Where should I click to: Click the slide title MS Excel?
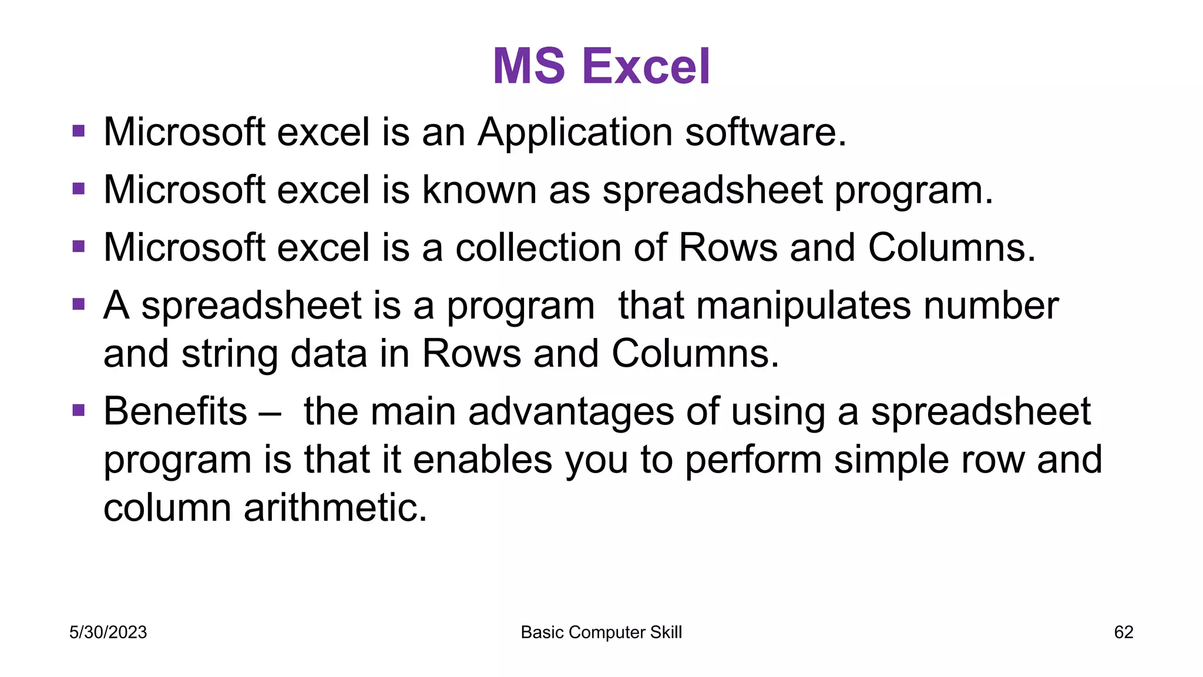pyautogui.click(x=601, y=66)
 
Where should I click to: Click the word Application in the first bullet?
pyautogui.click(x=575, y=132)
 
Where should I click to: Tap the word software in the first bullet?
pyautogui.click(x=765, y=132)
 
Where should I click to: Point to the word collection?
pyautogui.click(x=538, y=247)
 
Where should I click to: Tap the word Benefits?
pyautogui.click(x=175, y=411)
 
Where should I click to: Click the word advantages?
pyautogui.click(x=570, y=411)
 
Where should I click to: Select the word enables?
pyautogui.click(x=482, y=459)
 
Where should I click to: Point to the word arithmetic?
pyautogui.click(x=335, y=507)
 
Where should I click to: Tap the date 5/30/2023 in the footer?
pyautogui.click(x=108, y=632)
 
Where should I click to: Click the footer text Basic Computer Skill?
pyautogui.click(x=601, y=632)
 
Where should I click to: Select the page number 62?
pyautogui.click(x=1124, y=632)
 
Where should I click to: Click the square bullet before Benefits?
pyautogui.click(x=79, y=410)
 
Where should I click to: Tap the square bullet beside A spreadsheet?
pyautogui.click(x=79, y=304)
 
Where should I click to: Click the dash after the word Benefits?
pyautogui.click(x=270, y=412)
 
